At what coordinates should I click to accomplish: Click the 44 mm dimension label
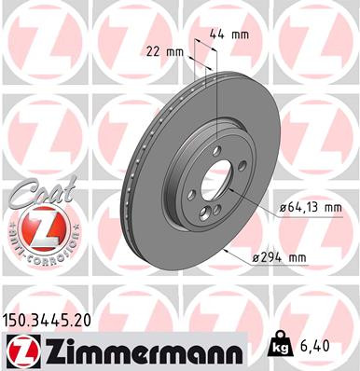pos(228,33)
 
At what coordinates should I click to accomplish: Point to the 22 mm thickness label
pos(163,52)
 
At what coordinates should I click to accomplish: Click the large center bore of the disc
pos(214,181)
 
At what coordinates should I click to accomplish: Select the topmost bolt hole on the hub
pos(215,149)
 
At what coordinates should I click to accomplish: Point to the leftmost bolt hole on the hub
pos(191,194)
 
